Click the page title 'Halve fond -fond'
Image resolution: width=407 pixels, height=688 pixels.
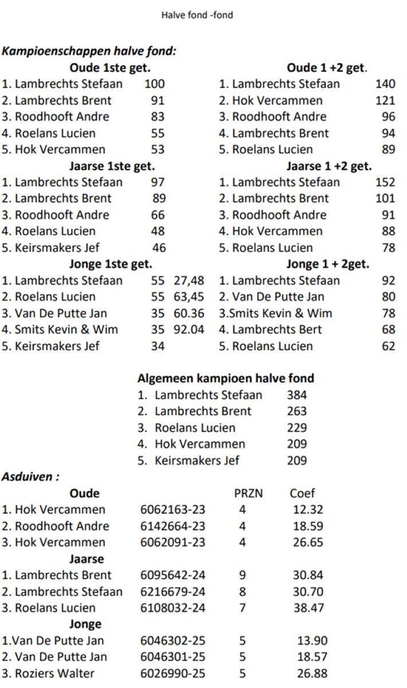[197, 15]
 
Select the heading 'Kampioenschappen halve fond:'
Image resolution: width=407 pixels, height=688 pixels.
[89, 51]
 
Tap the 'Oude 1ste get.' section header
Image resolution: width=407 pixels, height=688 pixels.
[110, 68]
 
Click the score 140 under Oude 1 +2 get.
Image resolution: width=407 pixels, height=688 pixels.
[385, 84]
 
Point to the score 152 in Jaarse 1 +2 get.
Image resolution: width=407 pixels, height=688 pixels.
[385, 182]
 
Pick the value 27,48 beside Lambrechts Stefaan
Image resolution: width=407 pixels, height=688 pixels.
[189, 281]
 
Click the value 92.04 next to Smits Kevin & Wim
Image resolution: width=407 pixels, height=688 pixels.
[189, 330]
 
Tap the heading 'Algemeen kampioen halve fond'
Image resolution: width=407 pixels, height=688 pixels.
[226, 378]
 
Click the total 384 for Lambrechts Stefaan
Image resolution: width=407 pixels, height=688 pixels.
[296, 395]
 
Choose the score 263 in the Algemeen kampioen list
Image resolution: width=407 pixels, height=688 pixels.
[296, 411]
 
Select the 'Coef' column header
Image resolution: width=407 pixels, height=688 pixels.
[302, 493]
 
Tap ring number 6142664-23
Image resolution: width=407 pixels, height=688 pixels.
[173, 526]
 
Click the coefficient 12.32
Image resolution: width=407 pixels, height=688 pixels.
[308, 510]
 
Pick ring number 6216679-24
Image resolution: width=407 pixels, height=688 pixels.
[173, 592]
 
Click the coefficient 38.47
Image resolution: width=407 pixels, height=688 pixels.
[308, 608]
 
